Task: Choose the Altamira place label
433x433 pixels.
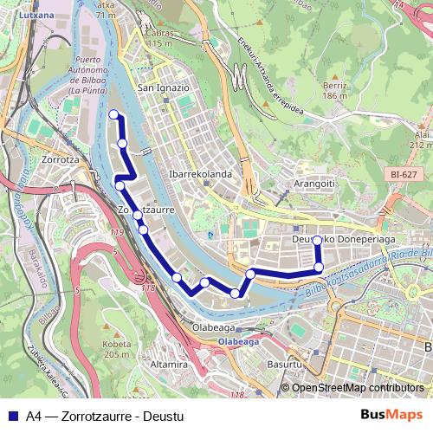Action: pos(170,365)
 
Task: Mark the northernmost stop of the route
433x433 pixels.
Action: pos(113,114)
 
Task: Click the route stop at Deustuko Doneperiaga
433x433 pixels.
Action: pos(317,241)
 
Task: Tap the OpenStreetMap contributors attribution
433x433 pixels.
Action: pos(357,387)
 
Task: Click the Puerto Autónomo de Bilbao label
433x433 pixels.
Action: pos(93,75)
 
